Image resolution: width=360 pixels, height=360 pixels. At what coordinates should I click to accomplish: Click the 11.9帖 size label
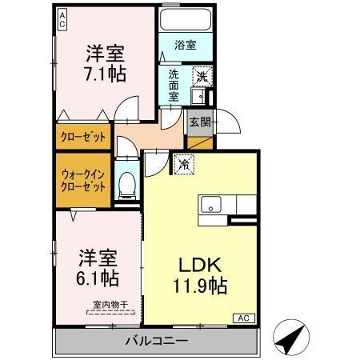point(198,285)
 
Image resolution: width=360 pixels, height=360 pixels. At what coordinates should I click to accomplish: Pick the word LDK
point(198,264)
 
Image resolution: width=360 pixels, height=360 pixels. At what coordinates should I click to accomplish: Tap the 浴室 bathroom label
point(186,46)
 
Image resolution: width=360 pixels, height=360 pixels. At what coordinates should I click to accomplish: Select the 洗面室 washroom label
point(174,85)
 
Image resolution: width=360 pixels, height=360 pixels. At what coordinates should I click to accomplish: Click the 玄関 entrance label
point(198,122)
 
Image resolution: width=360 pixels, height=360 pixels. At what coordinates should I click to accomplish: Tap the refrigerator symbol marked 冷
point(184,165)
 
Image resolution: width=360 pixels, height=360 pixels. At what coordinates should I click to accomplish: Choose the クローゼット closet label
point(82,136)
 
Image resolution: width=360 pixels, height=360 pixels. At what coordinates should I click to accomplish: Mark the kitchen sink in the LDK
point(211,203)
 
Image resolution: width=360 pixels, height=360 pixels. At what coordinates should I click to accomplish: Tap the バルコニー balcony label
point(155,342)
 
